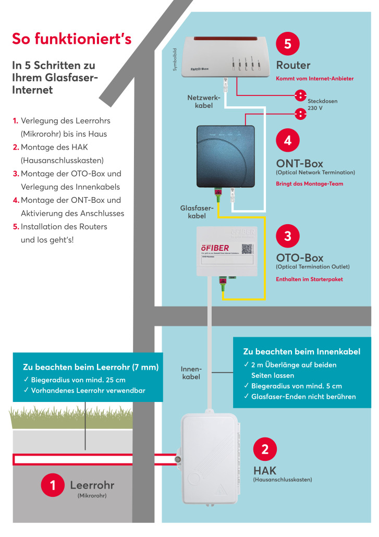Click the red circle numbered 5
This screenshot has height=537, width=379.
(x=288, y=44)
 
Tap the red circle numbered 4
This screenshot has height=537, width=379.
(x=288, y=141)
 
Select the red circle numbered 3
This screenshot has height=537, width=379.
(x=288, y=236)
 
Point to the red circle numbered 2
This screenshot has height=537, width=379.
(x=265, y=449)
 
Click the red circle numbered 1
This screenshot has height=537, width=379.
(x=53, y=485)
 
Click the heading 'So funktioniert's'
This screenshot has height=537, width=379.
(x=71, y=39)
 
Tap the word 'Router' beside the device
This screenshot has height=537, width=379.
(x=293, y=65)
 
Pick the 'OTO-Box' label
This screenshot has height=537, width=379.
(x=299, y=258)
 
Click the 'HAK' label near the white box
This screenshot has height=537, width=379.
(x=265, y=471)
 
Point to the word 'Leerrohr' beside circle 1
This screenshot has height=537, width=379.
(x=92, y=485)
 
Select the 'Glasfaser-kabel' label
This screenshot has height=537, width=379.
(x=197, y=212)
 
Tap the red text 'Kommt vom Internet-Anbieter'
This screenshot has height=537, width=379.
(x=314, y=78)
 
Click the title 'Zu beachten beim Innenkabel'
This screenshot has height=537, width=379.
(x=301, y=351)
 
